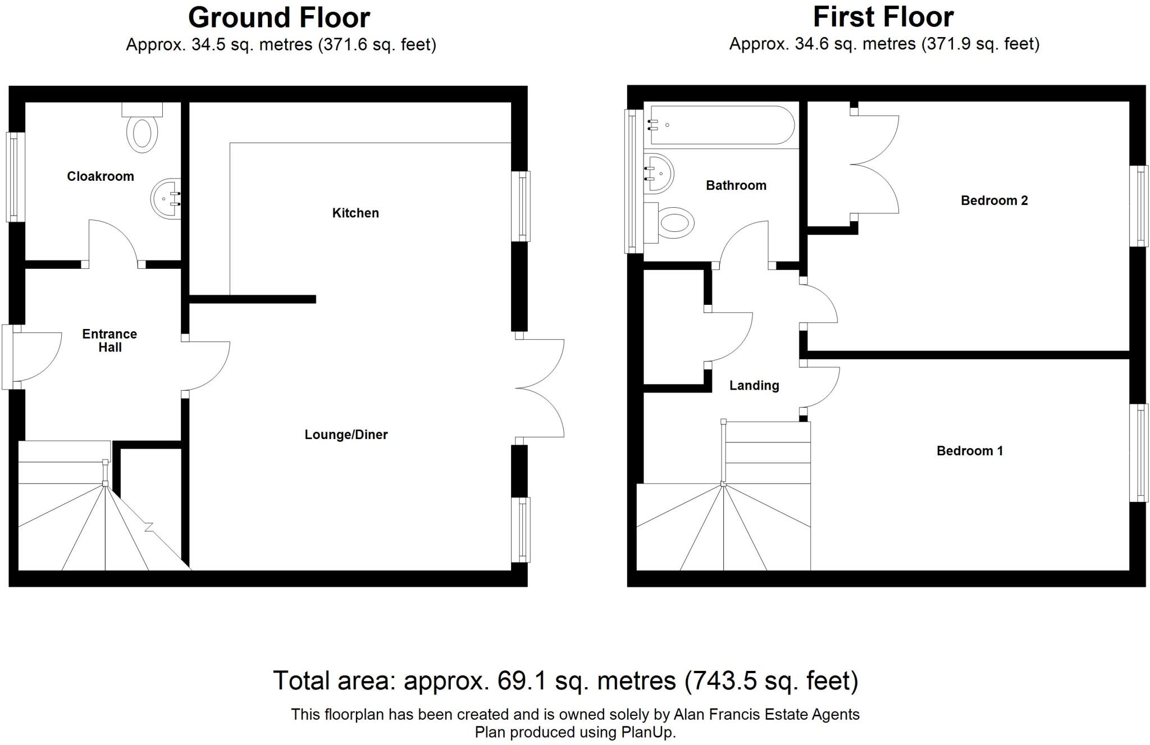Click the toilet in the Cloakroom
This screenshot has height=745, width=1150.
pos(142,132)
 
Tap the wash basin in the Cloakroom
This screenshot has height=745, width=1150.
pos(167,199)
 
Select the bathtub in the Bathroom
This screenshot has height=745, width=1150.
pos(722,126)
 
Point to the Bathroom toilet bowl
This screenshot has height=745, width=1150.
pos(676,223)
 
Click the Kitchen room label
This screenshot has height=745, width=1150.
pos(355,213)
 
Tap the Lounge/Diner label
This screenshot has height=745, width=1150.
pos(346,435)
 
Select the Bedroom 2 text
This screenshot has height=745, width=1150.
pos(994,200)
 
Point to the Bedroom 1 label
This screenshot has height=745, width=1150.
pos(969,451)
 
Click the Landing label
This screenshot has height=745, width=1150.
pos(754,385)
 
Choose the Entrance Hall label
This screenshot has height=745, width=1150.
pos(109,340)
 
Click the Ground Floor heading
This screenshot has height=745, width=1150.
pos(279,17)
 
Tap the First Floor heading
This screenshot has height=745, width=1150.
pos(883,17)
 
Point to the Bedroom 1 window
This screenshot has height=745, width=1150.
pos(1139,453)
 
